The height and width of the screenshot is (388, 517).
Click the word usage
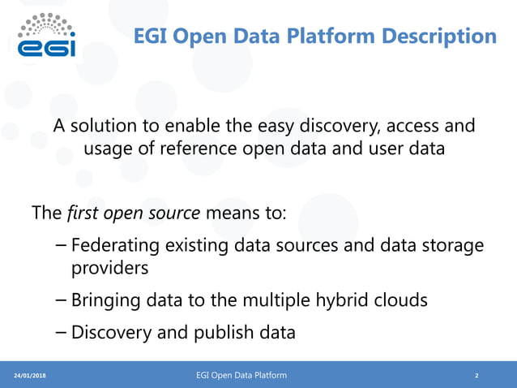point(111,152)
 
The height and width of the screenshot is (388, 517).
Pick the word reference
point(199,152)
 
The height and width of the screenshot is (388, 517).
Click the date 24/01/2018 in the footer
point(30,376)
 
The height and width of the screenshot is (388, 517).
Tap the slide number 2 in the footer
point(476,376)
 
